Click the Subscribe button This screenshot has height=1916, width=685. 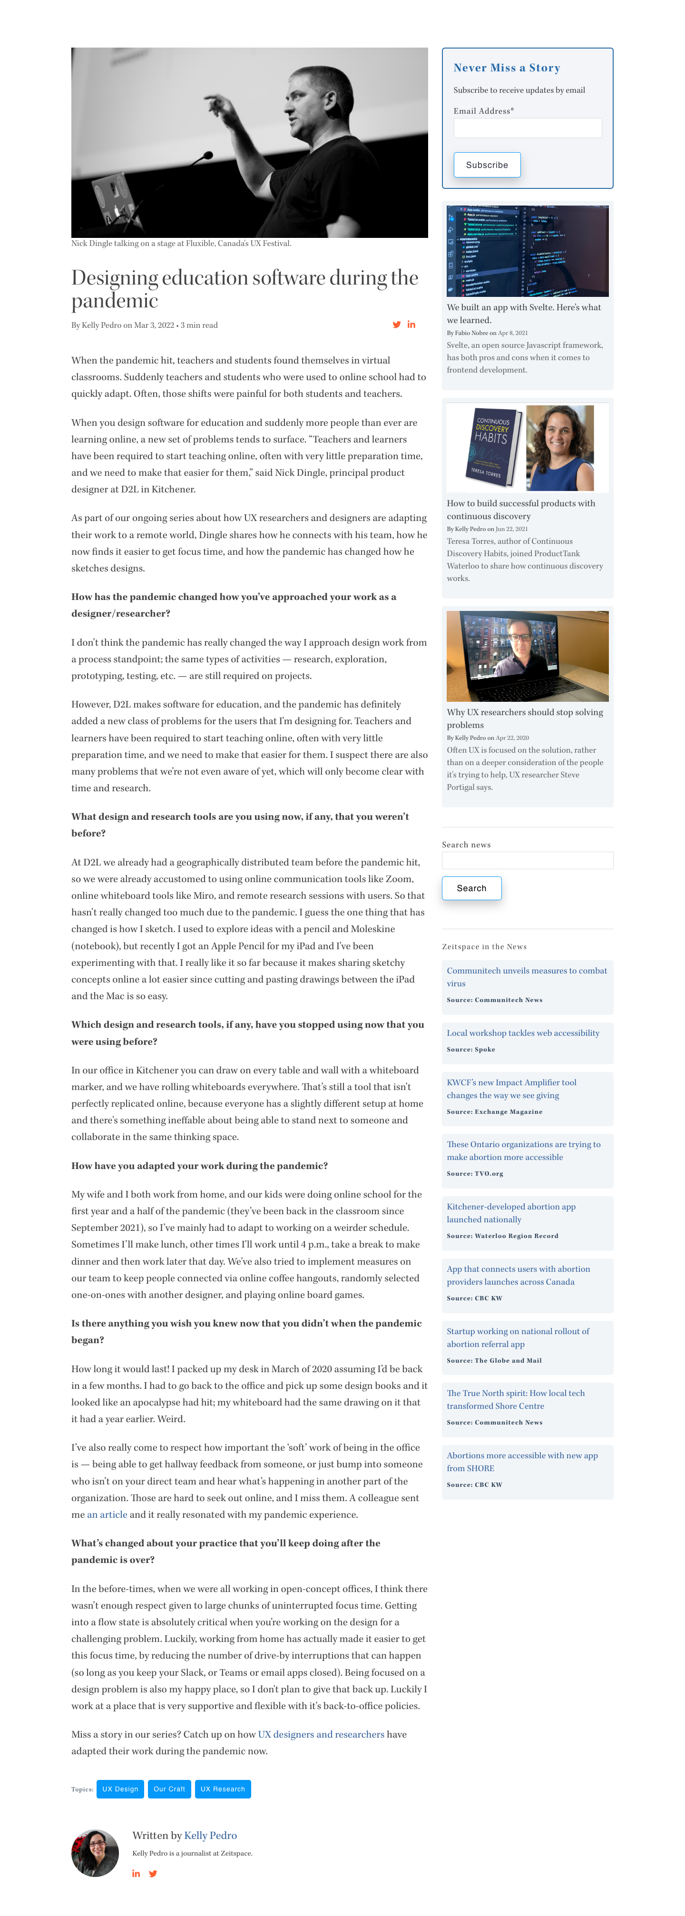(487, 165)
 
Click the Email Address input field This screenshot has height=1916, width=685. (528, 128)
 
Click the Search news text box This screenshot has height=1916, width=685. (528, 861)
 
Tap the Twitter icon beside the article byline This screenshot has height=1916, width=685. (396, 325)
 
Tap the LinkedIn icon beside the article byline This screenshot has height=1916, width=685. (411, 325)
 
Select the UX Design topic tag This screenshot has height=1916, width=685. (120, 1789)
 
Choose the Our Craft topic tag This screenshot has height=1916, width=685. (169, 1789)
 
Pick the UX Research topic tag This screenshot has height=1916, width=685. (222, 1789)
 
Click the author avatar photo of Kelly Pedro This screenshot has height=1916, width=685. (95, 1852)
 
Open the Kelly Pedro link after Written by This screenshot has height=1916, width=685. (210, 1836)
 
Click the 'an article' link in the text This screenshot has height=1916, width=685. (107, 1514)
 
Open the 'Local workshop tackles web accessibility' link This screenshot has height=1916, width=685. (523, 1033)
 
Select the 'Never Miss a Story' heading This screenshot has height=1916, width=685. (507, 68)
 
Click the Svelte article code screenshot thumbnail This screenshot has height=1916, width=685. (528, 251)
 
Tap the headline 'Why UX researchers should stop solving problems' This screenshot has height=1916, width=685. (524, 718)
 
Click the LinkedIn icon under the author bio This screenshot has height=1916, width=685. (136, 1874)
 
